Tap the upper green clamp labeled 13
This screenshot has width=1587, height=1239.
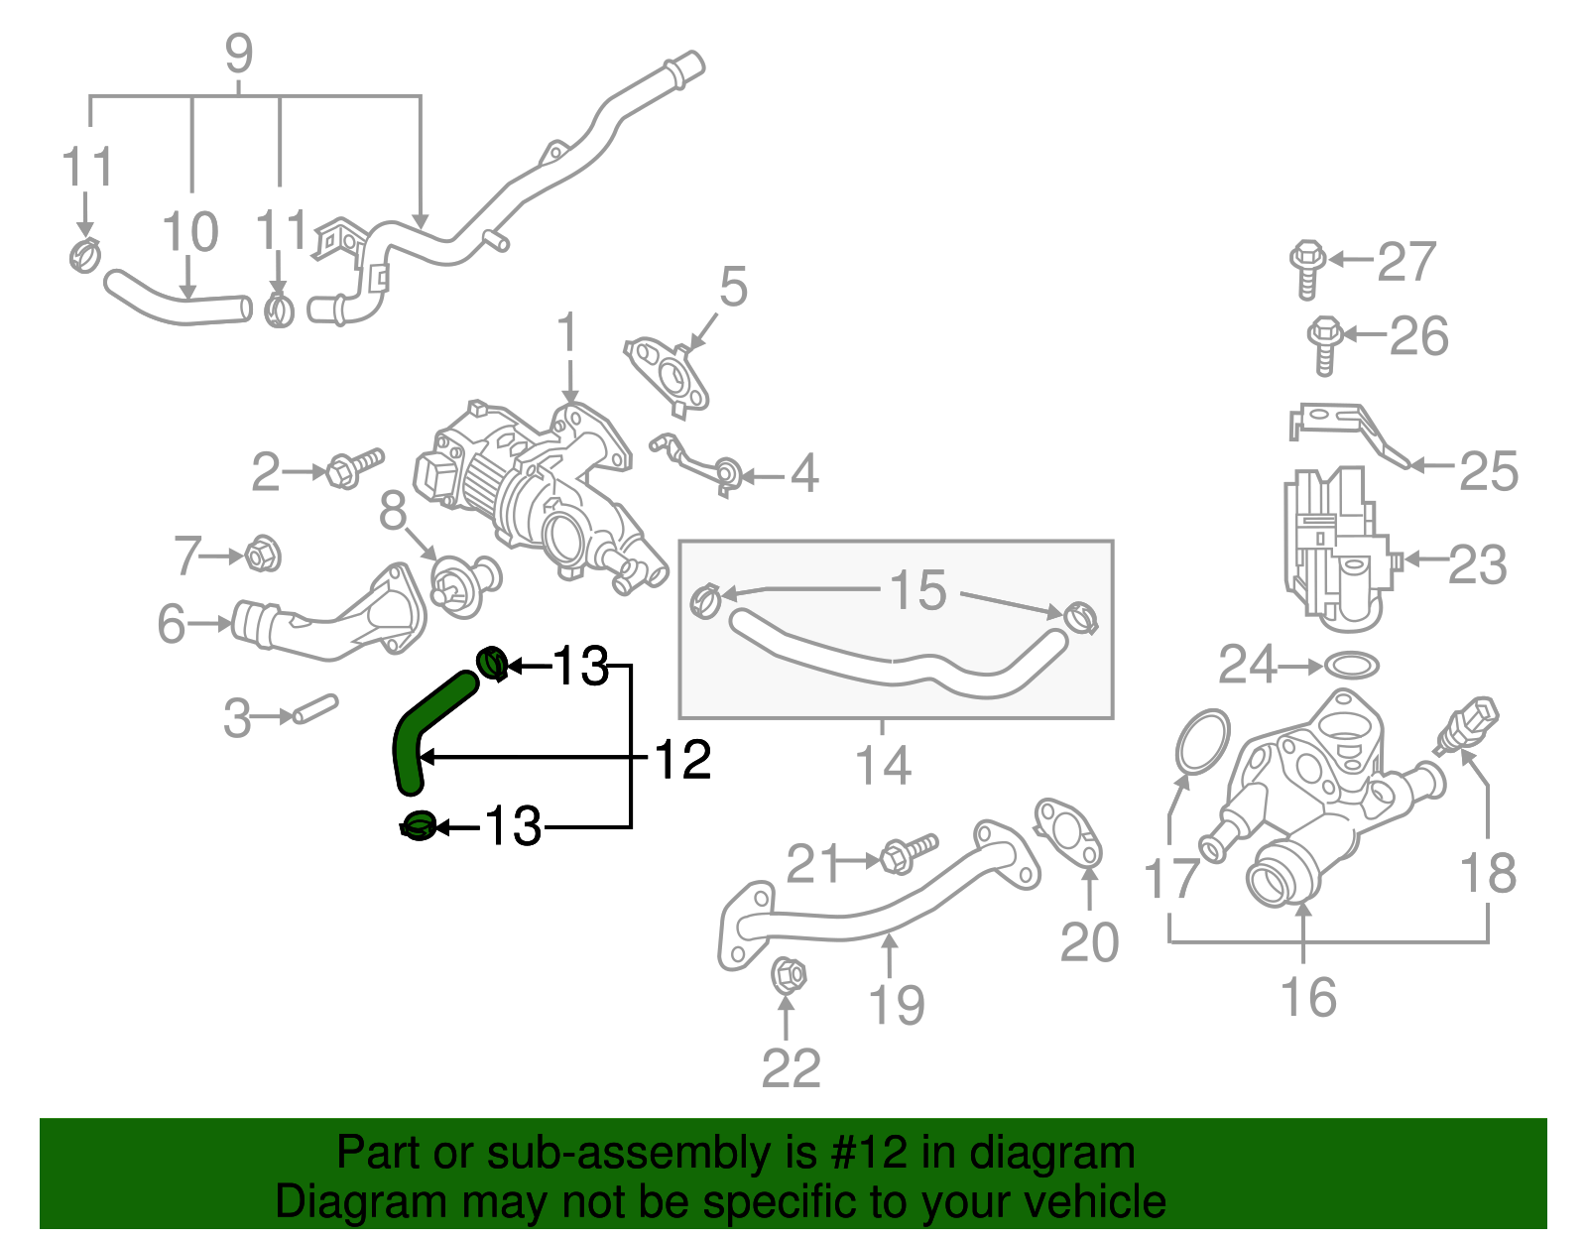point(493,662)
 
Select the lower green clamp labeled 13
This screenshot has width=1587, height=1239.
point(419,824)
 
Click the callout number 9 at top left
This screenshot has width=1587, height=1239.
point(239,54)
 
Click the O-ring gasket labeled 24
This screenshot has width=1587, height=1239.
point(1351,665)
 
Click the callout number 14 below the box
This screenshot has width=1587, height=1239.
point(883,765)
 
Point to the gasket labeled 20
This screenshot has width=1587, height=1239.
point(1069,833)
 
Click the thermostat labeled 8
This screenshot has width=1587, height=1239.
point(464,584)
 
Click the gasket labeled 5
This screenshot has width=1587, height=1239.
point(669,375)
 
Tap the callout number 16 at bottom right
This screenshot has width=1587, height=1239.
point(1308,996)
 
